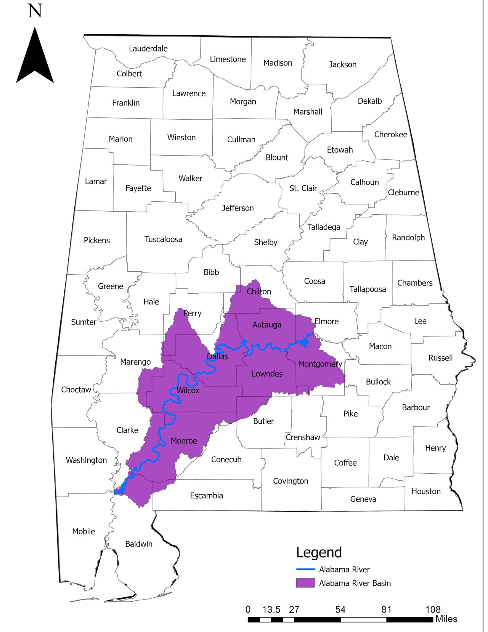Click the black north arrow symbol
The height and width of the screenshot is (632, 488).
pos(35,57)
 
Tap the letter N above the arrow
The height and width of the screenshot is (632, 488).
pos(35,11)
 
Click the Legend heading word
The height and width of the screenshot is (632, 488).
pos(319,552)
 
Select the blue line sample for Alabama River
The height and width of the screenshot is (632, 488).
pos(305,569)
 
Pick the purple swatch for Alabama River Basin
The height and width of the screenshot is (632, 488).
pos(305,583)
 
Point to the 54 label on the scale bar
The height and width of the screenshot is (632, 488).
pos(340,609)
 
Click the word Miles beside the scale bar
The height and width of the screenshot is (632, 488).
pos(446,619)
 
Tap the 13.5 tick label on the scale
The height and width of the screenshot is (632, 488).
pos(271,609)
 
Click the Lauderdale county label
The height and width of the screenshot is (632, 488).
pos(148,48)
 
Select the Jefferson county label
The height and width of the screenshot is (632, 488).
pos(238,208)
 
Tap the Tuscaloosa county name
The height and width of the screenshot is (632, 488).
pos(163,239)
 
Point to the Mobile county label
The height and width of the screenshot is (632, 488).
pos(83,531)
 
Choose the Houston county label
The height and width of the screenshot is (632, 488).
pos(426,491)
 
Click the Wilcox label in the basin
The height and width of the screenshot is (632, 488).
pos(188,390)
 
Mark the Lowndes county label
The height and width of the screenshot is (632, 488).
pos(267,374)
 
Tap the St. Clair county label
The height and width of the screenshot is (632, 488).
pos(303,188)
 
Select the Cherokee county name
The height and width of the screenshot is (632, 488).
pos(390,134)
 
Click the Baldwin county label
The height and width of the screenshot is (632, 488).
pos(139,544)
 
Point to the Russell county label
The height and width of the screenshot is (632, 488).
pos(440,358)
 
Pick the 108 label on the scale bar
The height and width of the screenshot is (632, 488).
pos(433,609)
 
